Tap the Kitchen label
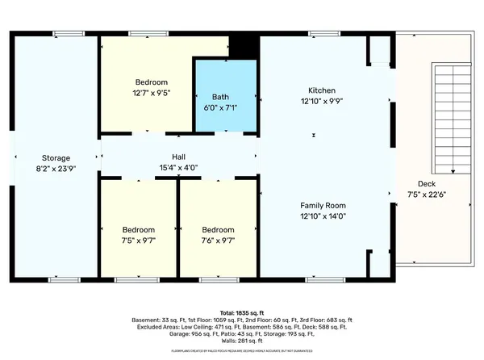pos(322,90)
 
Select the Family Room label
pos(323,206)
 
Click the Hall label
pos(178,157)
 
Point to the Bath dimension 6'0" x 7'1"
pos(226,107)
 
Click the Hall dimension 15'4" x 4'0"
pos(178,168)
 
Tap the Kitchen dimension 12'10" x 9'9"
pos(322,101)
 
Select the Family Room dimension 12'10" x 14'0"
pos(323,216)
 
